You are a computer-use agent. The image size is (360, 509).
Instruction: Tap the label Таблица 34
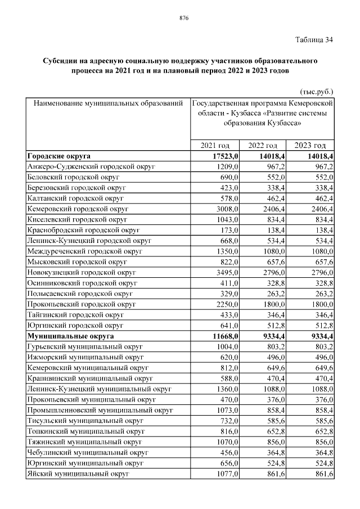(314, 40)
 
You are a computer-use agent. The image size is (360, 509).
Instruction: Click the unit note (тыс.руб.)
(315, 90)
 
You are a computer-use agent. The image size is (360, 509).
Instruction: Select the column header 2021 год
(215, 146)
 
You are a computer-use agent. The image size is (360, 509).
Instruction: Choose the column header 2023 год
(310, 146)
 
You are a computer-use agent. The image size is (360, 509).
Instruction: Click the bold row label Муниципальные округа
(70, 336)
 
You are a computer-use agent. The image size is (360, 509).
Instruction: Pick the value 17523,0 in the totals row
(225, 156)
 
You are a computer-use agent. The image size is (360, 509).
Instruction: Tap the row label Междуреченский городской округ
(84, 251)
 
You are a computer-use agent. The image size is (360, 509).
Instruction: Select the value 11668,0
(225, 336)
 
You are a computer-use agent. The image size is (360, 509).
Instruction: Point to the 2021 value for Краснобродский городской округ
(230, 230)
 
